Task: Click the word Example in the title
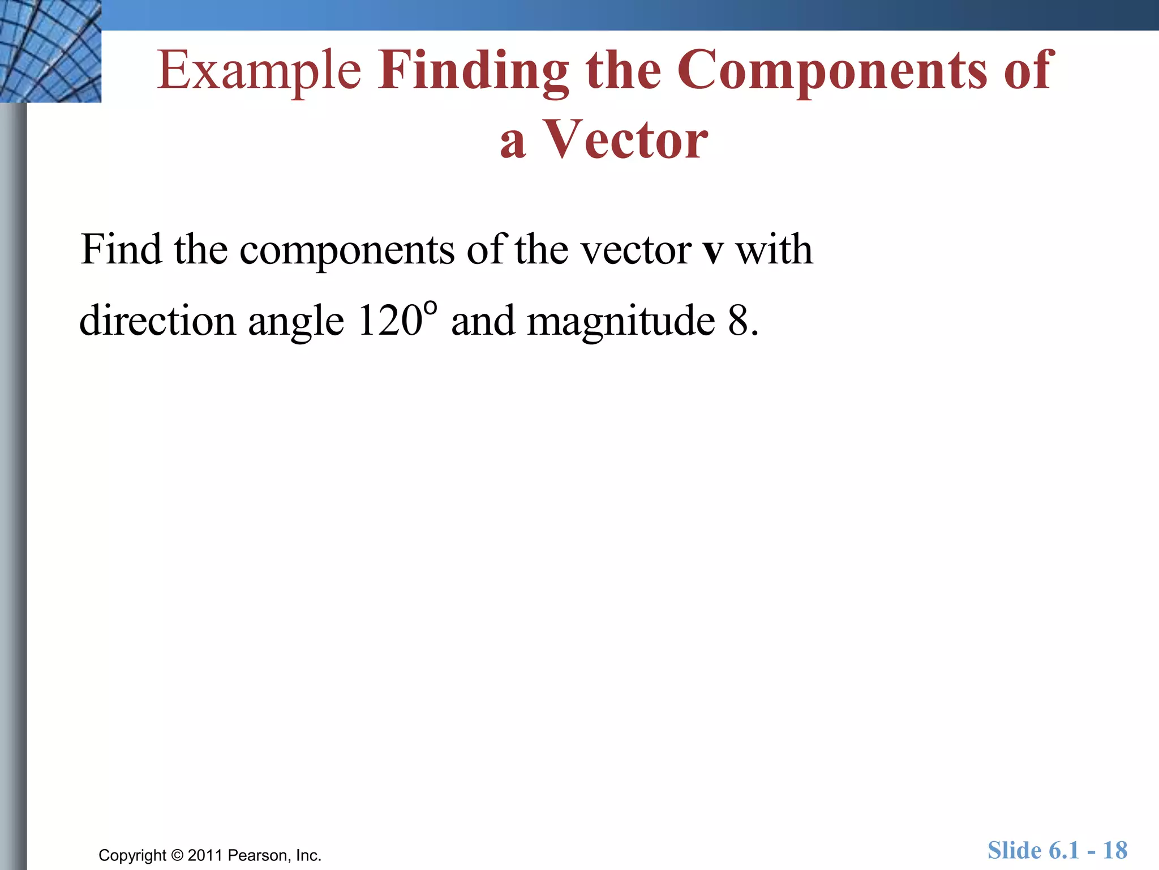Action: pyautogui.click(x=259, y=71)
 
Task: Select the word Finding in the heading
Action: pyautogui.click(x=474, y=71)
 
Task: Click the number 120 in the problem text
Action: pyautogui.click(x=390, y=321)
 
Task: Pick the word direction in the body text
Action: pyautogui.click(x=157, y=321)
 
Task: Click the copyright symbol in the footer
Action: pyautogui.click(x=177, y=855)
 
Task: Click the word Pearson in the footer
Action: pyautogui.click(x=259, y=855)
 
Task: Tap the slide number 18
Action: pyautogui.click(x=1115, y=851)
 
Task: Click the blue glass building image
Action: pyautogui.click(x=50, y=51)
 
